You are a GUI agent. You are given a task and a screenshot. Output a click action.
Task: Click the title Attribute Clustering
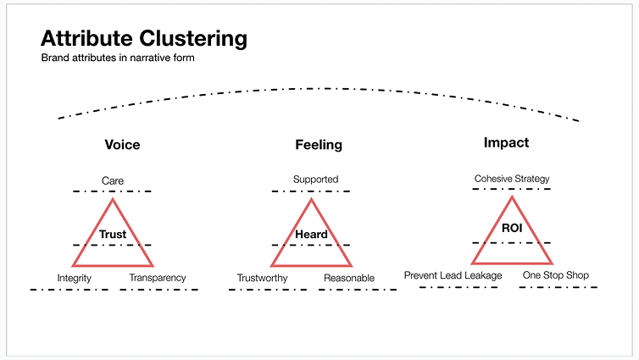pos(144,39)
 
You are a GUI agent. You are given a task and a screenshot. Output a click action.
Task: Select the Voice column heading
pos(122,145)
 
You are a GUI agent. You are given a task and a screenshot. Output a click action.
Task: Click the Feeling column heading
pos(319,145)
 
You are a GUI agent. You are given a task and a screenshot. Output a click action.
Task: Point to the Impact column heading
pos(506,142)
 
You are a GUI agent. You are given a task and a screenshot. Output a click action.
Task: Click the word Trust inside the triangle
pos(113,234)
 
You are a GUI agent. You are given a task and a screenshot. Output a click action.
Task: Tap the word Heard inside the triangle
pos(311,234)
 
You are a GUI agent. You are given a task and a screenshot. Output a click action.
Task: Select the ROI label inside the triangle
pos(511,229)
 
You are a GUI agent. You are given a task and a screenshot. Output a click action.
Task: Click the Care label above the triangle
pos(113,180)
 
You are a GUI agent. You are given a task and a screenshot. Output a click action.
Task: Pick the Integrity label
pos(75,278)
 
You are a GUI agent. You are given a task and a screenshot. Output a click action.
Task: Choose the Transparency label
pos(158,278)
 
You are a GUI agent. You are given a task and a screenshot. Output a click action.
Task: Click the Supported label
pos(315,180)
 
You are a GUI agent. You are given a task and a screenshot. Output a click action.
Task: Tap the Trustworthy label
pos(262,278)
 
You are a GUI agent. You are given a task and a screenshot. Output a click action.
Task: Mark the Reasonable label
pos(349,278)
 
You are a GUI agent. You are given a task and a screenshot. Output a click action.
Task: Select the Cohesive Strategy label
pos(512,179)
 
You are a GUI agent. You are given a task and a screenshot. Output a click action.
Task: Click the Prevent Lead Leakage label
pos(453,275)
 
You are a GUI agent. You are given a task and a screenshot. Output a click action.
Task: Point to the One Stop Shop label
pos(555,275)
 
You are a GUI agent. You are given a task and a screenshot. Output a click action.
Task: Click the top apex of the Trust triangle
pos(113,200)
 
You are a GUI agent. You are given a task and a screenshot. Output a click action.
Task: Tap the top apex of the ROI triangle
pos(512,197)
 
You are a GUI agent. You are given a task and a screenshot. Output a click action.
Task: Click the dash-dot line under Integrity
pos(69,290)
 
